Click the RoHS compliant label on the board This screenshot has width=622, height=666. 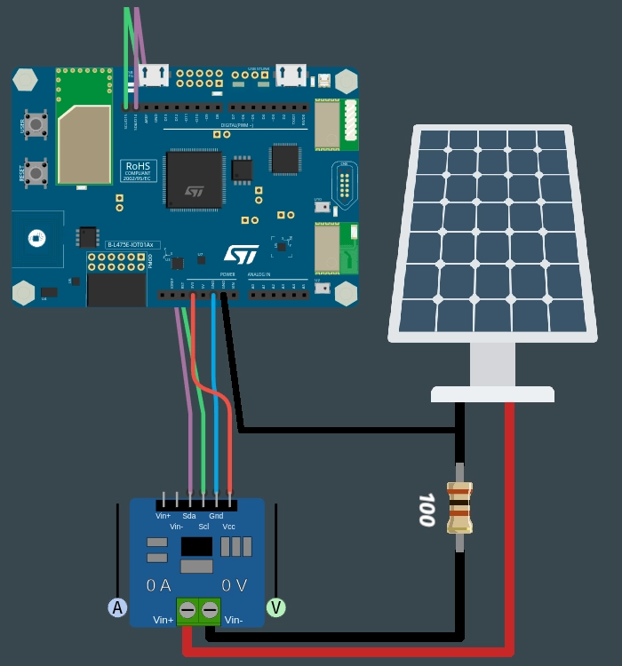(138, 170)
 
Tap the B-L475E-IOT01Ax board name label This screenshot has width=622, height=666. (131, 244)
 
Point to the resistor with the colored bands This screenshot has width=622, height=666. (459, 507)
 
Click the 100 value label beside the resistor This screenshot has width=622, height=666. (427, 509)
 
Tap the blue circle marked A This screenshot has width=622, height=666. (117, 607)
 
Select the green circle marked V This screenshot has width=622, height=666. (276, 607)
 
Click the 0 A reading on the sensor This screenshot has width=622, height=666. (158, 585)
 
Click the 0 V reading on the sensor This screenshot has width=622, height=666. (233, 585)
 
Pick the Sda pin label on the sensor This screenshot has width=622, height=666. (189, 516)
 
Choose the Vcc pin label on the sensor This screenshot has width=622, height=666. (228, 527)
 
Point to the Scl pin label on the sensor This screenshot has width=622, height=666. (203, 527)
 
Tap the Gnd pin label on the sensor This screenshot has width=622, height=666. (216, 516)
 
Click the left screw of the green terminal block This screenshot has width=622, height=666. (187, 610)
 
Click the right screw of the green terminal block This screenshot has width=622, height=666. (210, 610)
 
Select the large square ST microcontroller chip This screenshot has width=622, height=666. (194, 179)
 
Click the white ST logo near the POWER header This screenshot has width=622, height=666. (241, 255)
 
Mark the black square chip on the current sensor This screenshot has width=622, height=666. (196, 546)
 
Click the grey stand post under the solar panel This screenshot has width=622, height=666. (492, 364)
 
